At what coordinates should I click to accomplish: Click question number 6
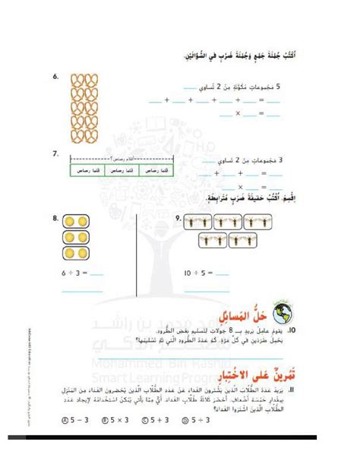tap(55, 77)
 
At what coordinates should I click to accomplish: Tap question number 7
tap(55, 153)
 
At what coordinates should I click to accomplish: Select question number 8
tap(55, 219)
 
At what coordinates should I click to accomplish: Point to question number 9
tap(177, 219)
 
